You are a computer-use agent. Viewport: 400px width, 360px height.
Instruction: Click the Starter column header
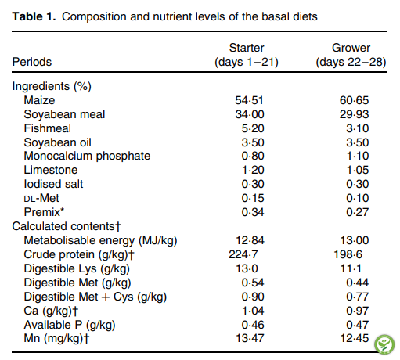coord(247,55)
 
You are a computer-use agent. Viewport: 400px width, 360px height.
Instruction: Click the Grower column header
coord(351,55)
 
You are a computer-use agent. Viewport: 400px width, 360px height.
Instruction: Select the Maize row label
coord(39,100)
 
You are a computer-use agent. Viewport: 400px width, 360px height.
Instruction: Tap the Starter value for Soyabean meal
coord(250,114)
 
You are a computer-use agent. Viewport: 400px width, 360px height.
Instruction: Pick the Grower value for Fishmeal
coord(358,128)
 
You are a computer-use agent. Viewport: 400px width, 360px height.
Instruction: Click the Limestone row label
coord(51,170)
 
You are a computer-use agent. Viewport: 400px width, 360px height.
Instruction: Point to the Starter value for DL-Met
coord(253,198)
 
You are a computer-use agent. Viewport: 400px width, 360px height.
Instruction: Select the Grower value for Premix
coord(358,212)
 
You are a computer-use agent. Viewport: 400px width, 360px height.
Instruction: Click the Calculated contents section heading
coord(67,226)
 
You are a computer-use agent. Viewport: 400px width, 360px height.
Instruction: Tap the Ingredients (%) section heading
coord(52,86)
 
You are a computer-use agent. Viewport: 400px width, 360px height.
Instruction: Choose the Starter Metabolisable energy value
coord(250,240)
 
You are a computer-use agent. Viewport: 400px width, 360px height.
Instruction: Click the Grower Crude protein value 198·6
coord(348,254)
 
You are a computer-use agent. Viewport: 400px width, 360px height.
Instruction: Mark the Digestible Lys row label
coord(77,269)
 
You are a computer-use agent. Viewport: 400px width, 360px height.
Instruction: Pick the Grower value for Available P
coord(358,325)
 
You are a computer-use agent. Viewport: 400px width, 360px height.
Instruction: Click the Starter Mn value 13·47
coord(250,339)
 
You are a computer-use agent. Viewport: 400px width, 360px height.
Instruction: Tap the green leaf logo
coord(384,344)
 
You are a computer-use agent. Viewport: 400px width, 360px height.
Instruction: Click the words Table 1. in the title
coord(34,16)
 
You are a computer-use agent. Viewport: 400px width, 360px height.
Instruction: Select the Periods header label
coord(32,62)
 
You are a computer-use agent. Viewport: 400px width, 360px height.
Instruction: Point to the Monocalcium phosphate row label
coord(87,156)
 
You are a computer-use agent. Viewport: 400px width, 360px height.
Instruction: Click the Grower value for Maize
coord(355,100)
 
